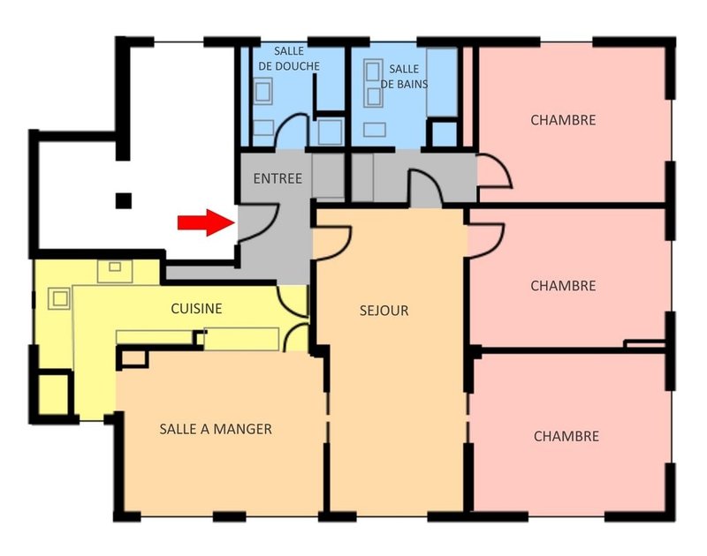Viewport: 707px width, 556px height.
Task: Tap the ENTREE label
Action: click(277, 178)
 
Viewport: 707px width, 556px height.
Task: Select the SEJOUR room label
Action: click(384, 311)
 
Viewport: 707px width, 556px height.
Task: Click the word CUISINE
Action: click(196, 309)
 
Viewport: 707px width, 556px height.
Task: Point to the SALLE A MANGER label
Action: click(216, 429)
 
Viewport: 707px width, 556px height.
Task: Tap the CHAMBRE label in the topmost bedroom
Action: click(563, 120)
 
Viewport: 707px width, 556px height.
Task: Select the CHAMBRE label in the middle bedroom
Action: click(563, 286)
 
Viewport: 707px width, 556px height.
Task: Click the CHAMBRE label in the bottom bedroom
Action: click(566, 436)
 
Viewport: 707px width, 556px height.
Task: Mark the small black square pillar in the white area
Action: click(125, 200)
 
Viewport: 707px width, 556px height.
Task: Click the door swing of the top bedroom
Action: click(494, 171)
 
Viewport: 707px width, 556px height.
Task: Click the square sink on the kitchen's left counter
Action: click(59, 298)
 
